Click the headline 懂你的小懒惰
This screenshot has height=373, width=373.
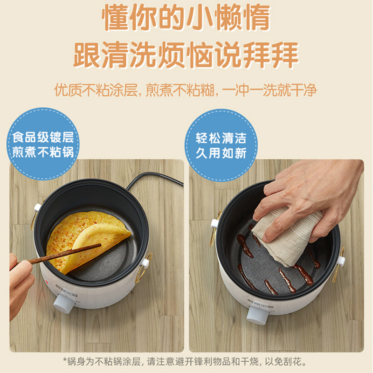click(x=186, y=18)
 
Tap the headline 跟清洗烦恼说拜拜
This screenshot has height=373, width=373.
click(x=186, y=55)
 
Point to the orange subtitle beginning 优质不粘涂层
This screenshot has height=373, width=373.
click(x=186, y=90)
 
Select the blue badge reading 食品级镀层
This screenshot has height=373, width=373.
click(x=43, y=144)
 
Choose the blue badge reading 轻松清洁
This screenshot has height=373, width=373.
click(x=221, y=145)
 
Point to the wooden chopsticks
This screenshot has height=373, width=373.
click(x=60, y=254)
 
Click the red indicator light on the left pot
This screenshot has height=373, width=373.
click(x=47, y=282)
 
